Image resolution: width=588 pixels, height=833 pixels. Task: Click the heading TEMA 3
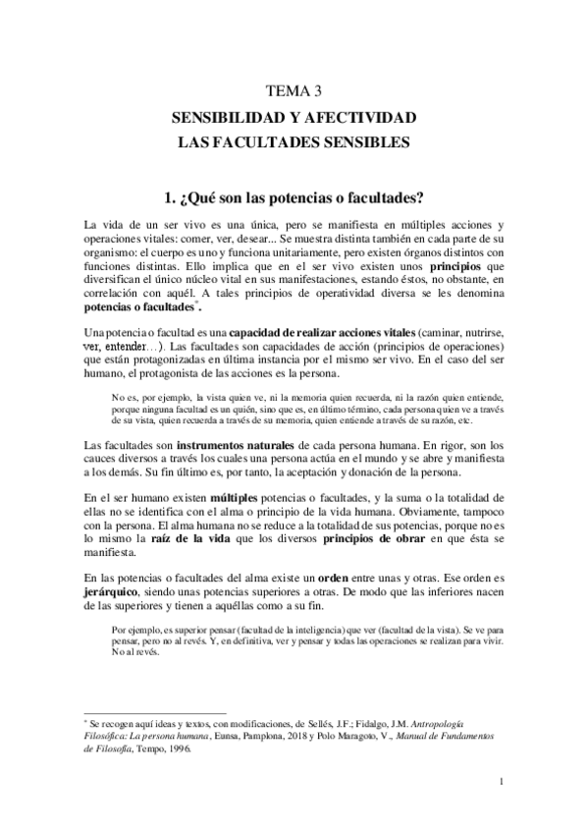coord(294,92)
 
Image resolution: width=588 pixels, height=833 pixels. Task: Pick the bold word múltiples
coord(239,497)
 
